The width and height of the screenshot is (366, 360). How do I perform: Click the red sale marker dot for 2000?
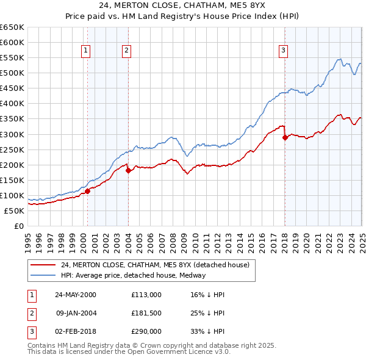[x=87, y=191]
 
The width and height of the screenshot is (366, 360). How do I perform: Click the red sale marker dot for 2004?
[x=128, y=171]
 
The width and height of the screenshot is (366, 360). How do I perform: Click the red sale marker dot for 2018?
[x=285, y=137]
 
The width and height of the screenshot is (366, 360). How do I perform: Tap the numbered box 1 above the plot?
[x=85, y=51]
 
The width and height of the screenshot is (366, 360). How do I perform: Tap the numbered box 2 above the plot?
[x=126, y=51]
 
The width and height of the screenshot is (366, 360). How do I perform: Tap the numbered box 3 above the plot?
[x=284, y=51]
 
